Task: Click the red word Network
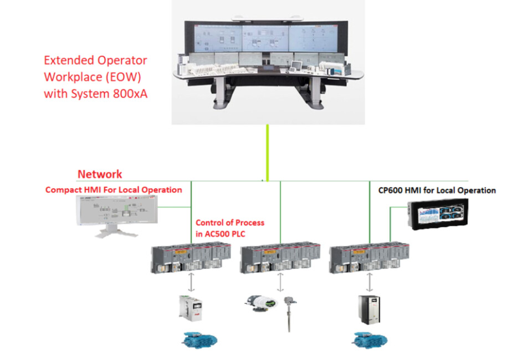tap(100, 174)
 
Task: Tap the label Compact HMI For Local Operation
tap(114, 190)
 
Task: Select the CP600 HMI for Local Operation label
tap(433, 190)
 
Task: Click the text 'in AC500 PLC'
tap(220, 234)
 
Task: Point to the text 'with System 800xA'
tap(96, 94)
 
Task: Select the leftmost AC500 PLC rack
tap(188, 257)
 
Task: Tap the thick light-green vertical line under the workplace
tap(267, 152)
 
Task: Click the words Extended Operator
tap(95, 60)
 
